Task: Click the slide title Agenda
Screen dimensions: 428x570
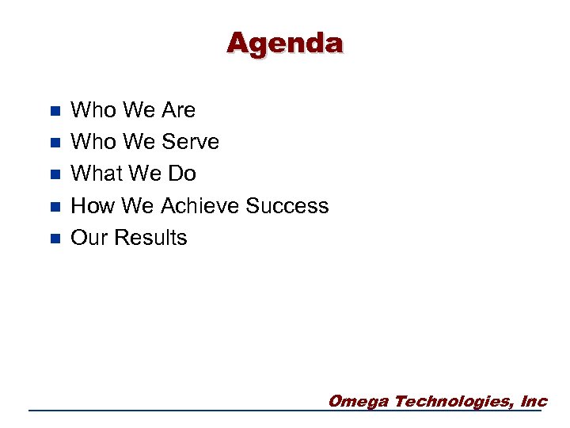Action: [285, 43]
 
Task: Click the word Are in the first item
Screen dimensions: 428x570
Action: [178, 110]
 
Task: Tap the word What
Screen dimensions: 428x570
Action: [93, 174]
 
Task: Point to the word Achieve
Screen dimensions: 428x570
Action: [200, 206]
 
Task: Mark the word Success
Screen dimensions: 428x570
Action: [287, 206]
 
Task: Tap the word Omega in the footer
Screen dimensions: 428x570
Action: [358, 401]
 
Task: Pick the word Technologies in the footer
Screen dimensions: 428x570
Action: [454, 401]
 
